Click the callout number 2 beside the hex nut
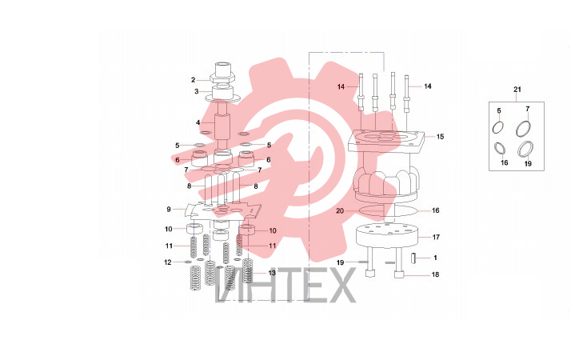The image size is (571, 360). (x=193, y=80)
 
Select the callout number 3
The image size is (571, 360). (x=196, y=91)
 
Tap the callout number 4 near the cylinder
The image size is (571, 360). (x=198, y=122)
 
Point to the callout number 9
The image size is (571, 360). (x=169, y=210)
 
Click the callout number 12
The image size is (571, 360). (x=167, y=262)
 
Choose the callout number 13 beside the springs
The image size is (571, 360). (x=272, y=273)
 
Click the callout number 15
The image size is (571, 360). (x=441, y=137)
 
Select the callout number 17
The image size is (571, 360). (x=436, y=238)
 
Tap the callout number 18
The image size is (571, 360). (x=435, y=274)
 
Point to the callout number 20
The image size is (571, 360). (x=340, y=211)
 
